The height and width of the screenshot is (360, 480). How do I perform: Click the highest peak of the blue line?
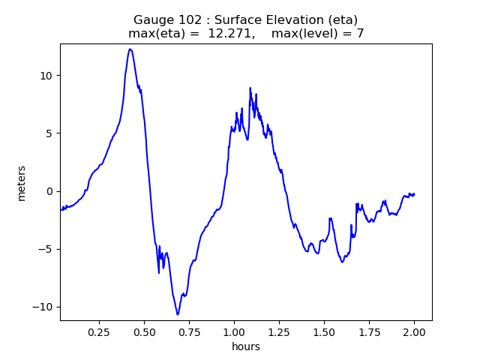pos(130,49)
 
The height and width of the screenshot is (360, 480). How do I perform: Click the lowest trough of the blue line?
pos(178,314)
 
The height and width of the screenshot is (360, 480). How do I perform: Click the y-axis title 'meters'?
pos(22,183)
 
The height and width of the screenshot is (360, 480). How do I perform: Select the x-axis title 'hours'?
pos(246,346)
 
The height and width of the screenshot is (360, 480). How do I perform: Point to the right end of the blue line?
pos(414,195)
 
